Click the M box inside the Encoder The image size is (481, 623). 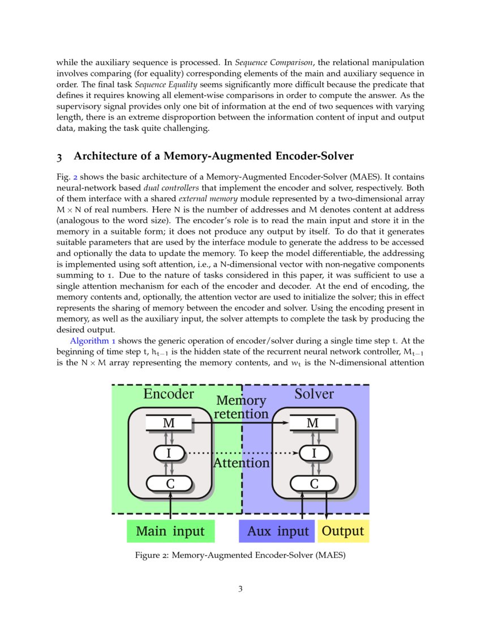point(169,423)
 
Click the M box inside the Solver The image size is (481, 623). point(312,423)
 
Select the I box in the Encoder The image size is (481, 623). point(169,453)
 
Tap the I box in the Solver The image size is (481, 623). point(313,453)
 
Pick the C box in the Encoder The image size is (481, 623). point(169,484)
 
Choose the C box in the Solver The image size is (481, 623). point(313,484)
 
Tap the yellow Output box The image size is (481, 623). point(343,531)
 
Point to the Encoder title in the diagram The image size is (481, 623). point(169,394)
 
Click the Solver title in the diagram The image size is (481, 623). point(313,394)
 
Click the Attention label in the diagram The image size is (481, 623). point(242,463)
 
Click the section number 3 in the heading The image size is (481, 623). point(59,156)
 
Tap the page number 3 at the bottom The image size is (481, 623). point(240,589)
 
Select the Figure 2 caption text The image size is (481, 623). point(240,556)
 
